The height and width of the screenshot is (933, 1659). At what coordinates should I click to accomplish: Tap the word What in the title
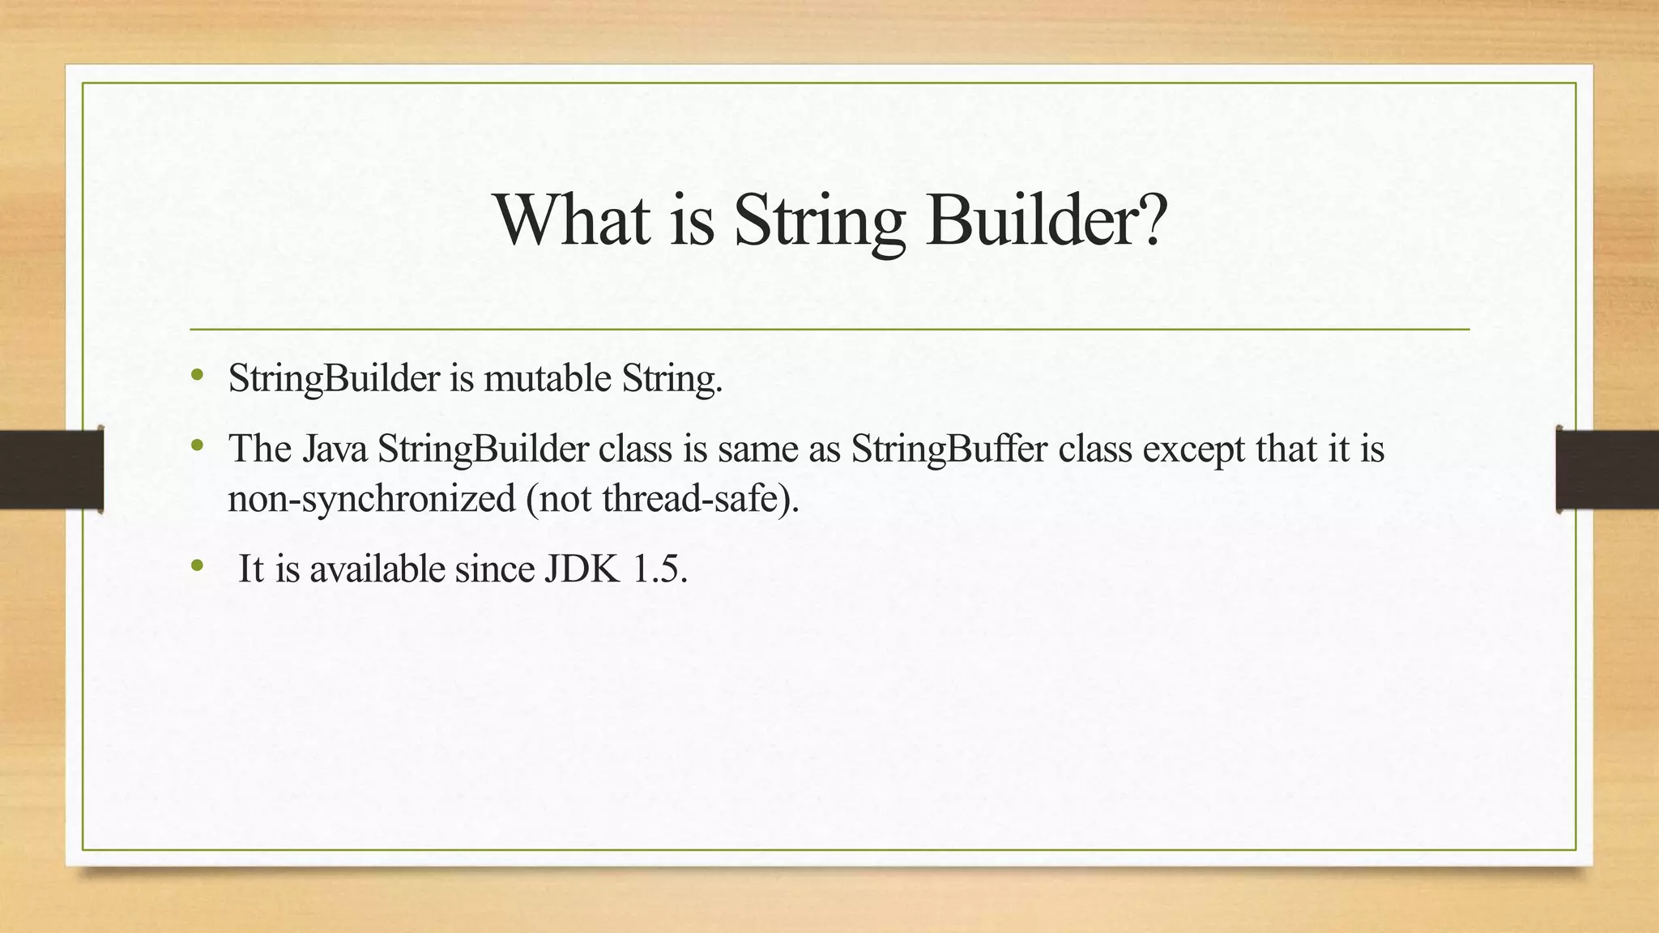click(573, 220)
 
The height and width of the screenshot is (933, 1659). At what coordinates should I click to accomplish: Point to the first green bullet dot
click(197, 375)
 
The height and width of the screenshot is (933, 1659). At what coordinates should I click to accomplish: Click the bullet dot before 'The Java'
click(197, 445)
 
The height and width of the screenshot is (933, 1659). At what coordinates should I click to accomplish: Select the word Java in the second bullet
click(335, 449)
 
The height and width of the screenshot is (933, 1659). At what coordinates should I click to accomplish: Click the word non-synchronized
click(372, 498)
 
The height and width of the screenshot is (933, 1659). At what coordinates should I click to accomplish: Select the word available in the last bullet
click(377, 569)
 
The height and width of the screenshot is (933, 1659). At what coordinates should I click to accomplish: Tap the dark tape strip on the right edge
click(1607, 470)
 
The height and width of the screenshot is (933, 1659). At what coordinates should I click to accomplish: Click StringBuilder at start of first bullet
click(334, 378)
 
